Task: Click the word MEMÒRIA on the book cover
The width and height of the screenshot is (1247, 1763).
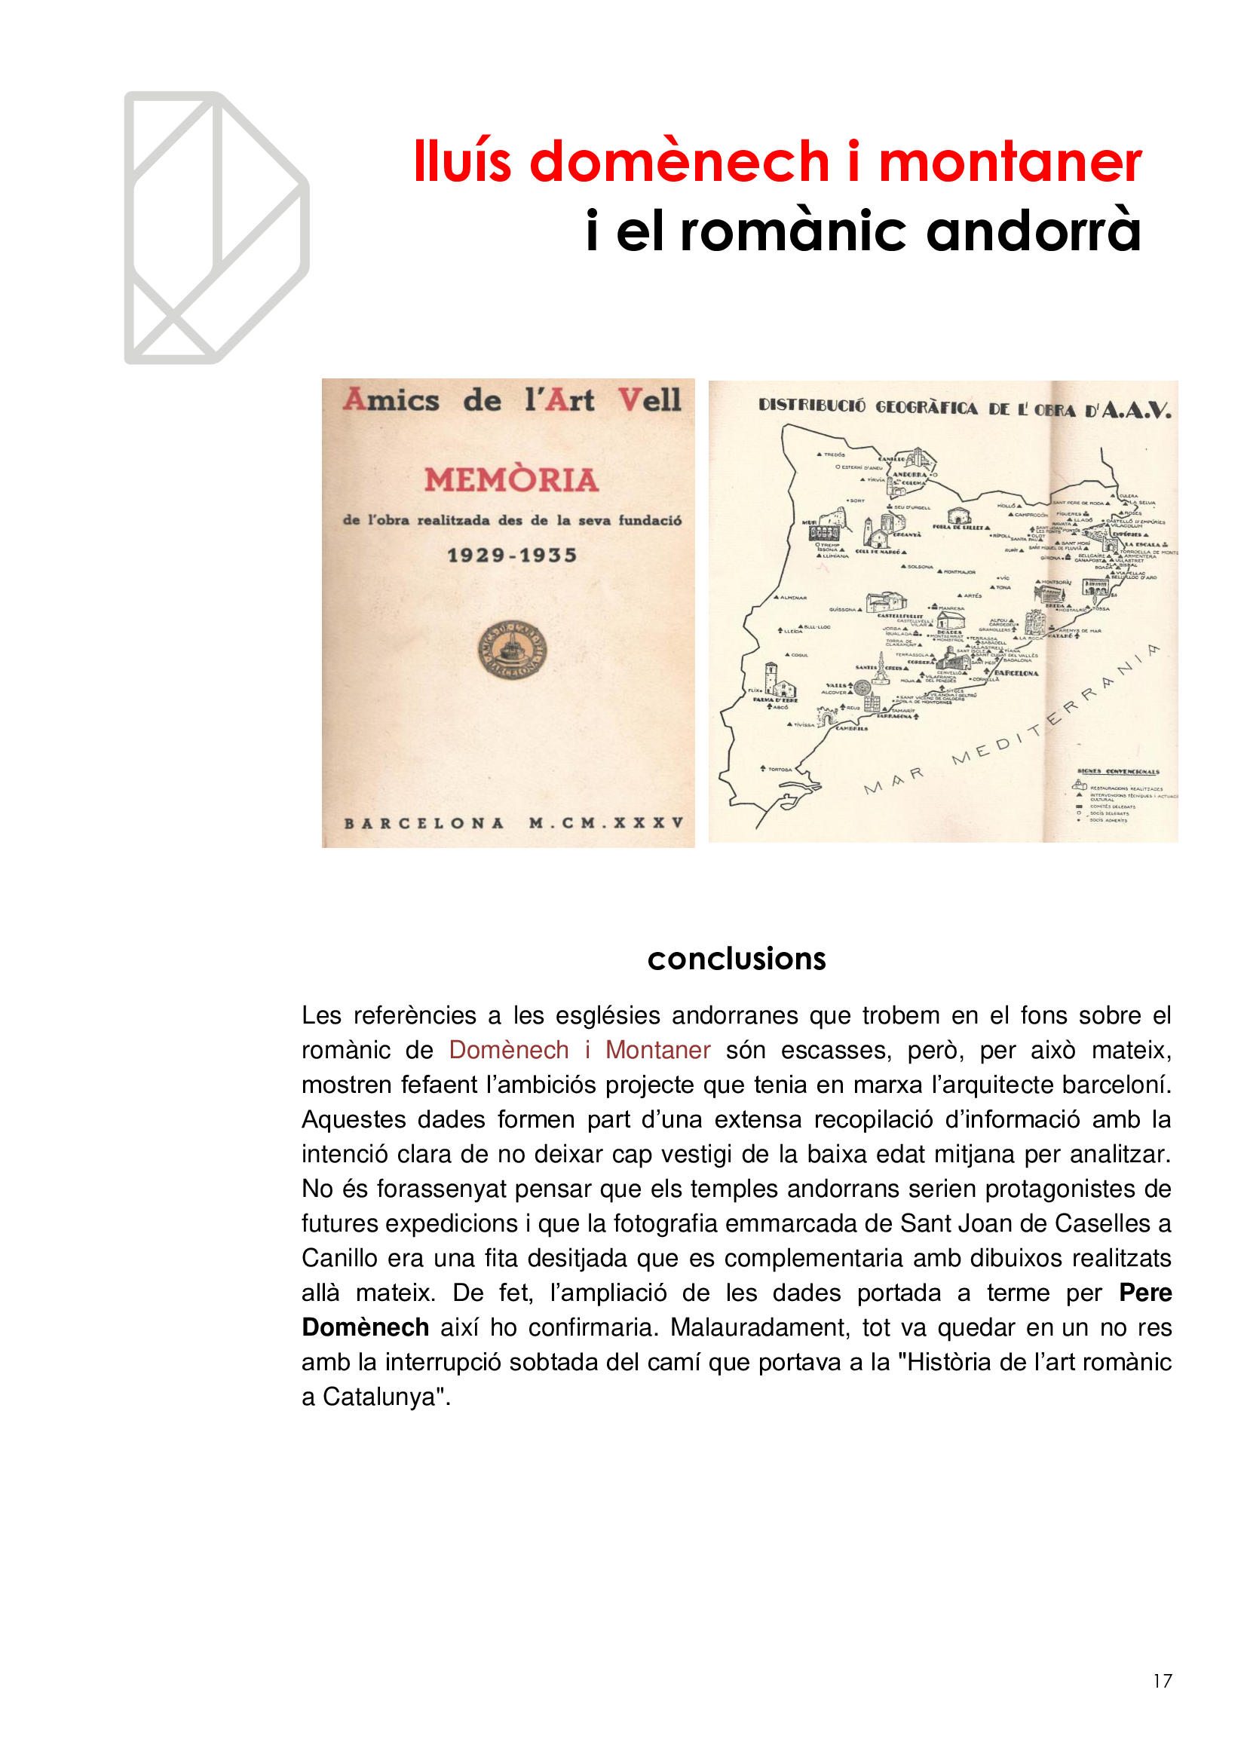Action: click(511, 481)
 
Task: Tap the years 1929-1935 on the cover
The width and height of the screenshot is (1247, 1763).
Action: click(511, 556)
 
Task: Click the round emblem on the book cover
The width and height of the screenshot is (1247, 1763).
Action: click(512, 650)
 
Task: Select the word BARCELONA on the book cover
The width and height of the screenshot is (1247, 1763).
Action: click(424, 823)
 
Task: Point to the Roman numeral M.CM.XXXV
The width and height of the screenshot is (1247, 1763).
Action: click(606, 823)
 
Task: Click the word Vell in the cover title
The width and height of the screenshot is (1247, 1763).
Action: click(650, 400)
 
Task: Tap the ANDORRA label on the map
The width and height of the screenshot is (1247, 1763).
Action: click(909, 475)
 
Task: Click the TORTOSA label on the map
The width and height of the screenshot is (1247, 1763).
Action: click(780, 769)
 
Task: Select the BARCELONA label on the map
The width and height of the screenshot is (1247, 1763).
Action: click(1016, 673)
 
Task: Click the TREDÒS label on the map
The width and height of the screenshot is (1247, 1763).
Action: click(834, 455)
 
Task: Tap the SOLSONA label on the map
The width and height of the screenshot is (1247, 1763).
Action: click(921, 567)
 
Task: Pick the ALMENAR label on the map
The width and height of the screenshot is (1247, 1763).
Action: click(793, 598)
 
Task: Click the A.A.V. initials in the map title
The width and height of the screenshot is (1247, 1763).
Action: click(1136, 410)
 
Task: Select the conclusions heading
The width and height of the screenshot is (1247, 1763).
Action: click(737, 959)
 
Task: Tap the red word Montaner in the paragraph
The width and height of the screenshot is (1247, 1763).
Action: click(657, 1050)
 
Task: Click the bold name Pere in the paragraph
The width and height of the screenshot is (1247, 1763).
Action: click(1145, 1293)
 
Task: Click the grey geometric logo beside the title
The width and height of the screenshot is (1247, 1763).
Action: click(216, 228)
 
